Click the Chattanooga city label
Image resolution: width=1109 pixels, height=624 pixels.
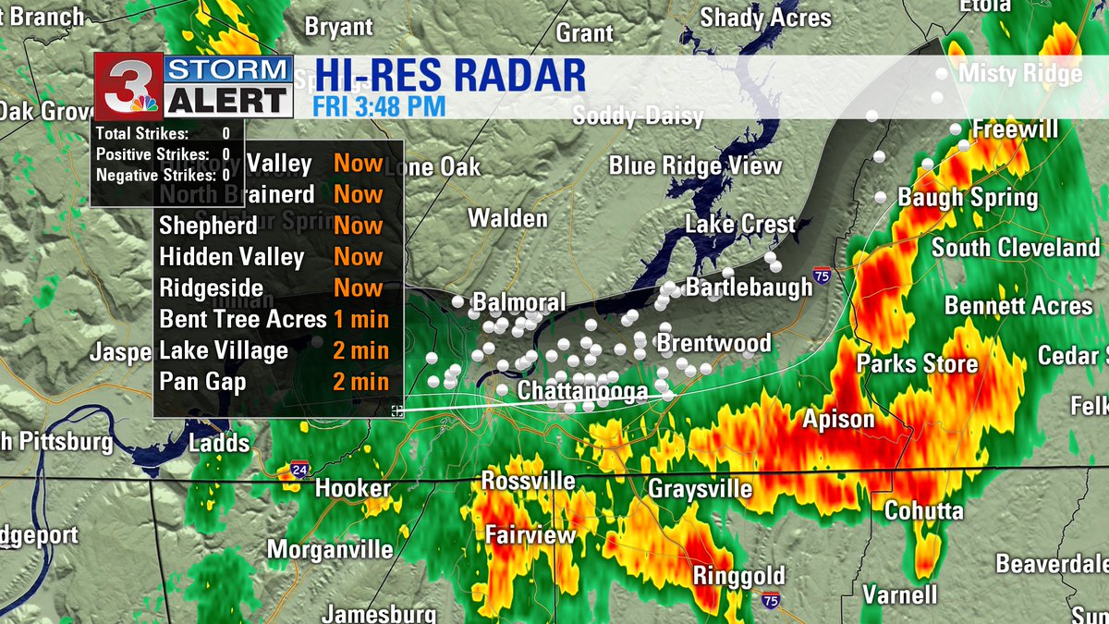tap(582, 392)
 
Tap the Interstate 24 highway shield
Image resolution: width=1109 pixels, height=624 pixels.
tap(299, 470)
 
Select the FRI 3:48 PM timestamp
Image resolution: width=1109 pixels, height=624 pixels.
tap(379, 106)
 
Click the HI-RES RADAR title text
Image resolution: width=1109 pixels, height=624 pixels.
tap(450, 76)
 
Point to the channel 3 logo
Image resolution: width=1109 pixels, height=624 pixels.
tap(129, 86)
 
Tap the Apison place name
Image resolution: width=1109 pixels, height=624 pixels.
tap(838, 420)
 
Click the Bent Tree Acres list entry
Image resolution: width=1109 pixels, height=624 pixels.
tap(243, 320)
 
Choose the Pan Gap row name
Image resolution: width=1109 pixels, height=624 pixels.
tap(202, 382)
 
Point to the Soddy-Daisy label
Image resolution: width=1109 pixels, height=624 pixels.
tap(638, 116)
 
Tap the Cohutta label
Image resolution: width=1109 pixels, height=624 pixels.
tap(923, 511)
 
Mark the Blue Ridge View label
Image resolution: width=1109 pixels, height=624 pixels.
tap(695, 166)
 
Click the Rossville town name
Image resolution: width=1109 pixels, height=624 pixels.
tap(528, 482)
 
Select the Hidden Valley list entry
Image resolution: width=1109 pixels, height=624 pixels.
tap(231, 257)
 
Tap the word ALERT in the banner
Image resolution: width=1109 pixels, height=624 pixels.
tap(229, 101)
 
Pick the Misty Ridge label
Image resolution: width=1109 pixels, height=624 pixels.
tap(1020, 74)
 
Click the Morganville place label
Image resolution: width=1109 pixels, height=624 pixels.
tap(330, 550)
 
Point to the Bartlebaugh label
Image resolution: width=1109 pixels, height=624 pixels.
tap(749, 287)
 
